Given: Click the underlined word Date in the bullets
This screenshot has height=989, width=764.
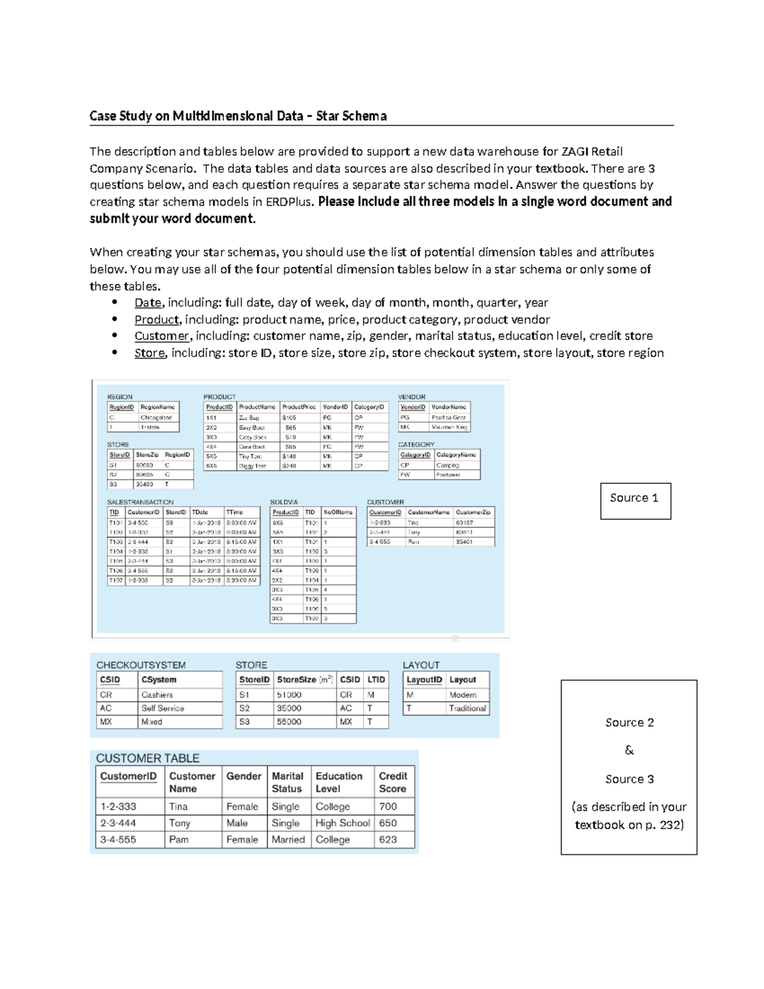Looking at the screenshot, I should pyautogui.click(x=148, y=303).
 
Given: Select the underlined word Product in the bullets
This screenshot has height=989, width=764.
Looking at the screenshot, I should pyautogui.click(x=157, y=320).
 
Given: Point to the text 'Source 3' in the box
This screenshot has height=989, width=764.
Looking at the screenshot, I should pyautogui.click(x=629, y=779).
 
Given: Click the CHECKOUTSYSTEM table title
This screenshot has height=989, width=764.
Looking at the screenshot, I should pyautogui.click(x=141, y=665).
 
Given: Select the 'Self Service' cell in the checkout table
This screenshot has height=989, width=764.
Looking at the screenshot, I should pyautogui.click(x=162, y=708).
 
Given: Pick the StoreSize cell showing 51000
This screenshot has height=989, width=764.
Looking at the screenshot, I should pyautogui.click(x=289, y=695).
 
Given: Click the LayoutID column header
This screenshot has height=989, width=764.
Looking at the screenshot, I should pyautogui.click(x=424, y=679).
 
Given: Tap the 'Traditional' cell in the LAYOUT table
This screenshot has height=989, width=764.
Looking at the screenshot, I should pyautogui.click(x=467, y=708).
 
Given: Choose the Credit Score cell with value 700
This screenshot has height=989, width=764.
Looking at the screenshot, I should pyautogui.click(x=388, y=806).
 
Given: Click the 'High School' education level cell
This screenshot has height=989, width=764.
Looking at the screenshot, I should pyautogui.click(x=343, y=823).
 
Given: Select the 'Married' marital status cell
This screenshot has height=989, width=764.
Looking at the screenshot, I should pyautogui.click(x=288, y=839).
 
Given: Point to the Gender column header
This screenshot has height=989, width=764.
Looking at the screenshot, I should pyautogui.click(x=244, y=776).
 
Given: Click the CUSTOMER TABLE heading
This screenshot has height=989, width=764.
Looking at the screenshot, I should pyautogui.click(x=148, y=758).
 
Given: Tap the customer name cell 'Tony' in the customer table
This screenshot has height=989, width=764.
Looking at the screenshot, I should pyautogui.click(x=180, y=823).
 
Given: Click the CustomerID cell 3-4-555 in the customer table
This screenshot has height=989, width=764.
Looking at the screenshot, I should pyautogui.click(x=118, y=839).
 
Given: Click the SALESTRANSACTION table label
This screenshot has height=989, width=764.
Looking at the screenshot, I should pyautogui.click(x=140, y=502).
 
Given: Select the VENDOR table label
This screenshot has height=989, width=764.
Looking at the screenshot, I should pyautogui.click(x=411, y=397).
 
